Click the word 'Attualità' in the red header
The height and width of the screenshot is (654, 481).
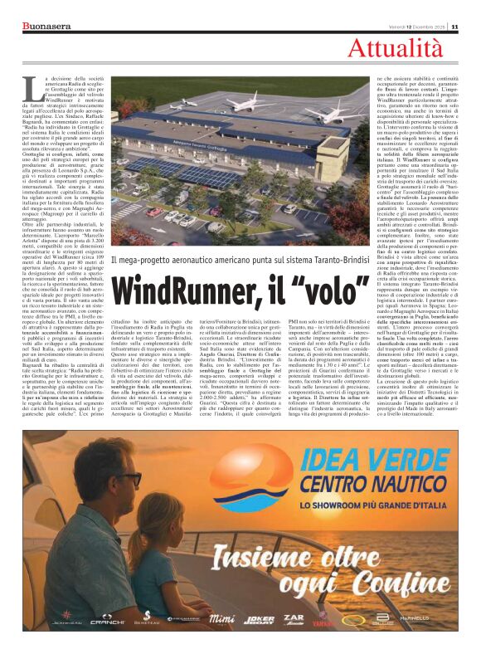[x=407, y=49]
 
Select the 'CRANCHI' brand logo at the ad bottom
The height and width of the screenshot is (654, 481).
[x=107, y=618]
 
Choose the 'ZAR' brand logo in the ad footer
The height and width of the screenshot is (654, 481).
[x=294, y=617]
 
